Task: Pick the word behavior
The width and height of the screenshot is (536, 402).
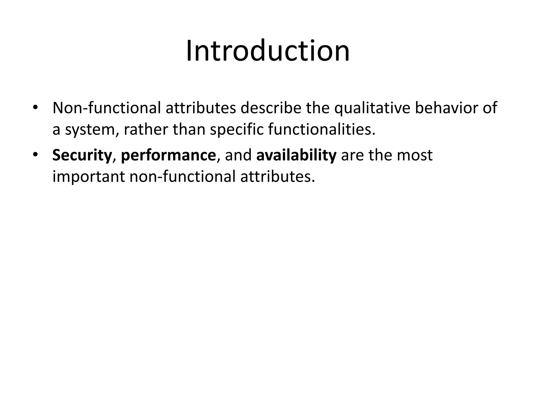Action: point(447,108)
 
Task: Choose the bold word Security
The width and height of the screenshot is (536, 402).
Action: point(82,155)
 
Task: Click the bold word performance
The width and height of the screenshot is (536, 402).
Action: point(168,155)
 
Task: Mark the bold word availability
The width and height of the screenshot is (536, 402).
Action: point(296,155)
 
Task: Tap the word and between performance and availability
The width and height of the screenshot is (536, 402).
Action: point(238,155)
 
